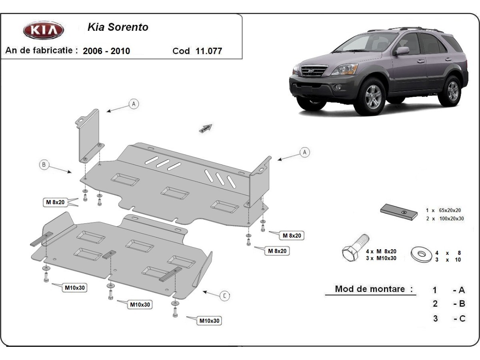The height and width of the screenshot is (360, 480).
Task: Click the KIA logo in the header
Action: tap(43, 30)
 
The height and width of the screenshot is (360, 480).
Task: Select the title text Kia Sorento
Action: tap(118, 27)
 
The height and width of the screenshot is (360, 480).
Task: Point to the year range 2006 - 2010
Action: tap(106, 51)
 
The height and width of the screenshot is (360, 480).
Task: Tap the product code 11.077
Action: tap(208, 51)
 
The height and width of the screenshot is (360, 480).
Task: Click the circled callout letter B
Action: tap(44, 164)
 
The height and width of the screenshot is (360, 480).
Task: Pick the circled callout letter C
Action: tap(225, 296)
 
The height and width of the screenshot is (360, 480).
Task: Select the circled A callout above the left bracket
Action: tap(134, 104)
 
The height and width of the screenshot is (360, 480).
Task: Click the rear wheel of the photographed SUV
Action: tap(452, 91)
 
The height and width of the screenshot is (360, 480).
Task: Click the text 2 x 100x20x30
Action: tap(445, 218)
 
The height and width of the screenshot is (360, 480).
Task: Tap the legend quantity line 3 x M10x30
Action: tap(381, 258)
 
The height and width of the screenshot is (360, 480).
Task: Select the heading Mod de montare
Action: tap(374, 289)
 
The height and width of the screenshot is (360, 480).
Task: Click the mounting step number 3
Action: tap(435, 319)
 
